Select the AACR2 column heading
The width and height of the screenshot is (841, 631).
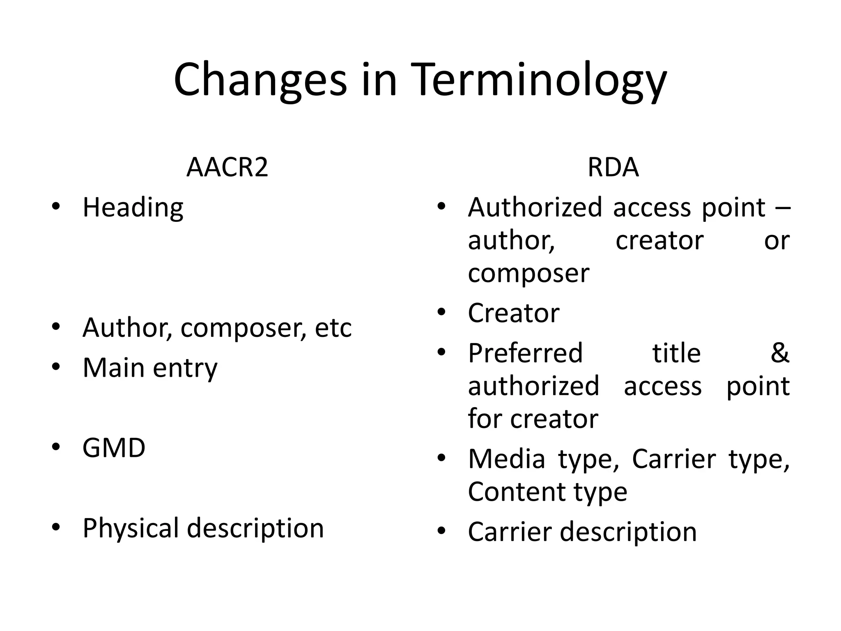click(227, 167)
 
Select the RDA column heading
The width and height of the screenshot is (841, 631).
click(613, 167)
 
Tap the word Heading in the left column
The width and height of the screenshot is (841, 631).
click(133, 208)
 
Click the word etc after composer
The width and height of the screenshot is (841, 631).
click(333, 328)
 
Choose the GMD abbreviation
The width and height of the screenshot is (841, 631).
click(114, 447)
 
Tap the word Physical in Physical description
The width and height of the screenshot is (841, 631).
click(131, 528)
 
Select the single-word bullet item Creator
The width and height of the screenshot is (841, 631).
click(513, 313)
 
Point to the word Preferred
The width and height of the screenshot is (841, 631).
click(525, 353)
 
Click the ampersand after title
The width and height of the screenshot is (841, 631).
click(780, 353)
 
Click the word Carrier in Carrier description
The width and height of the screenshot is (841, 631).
click(510, 532)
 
